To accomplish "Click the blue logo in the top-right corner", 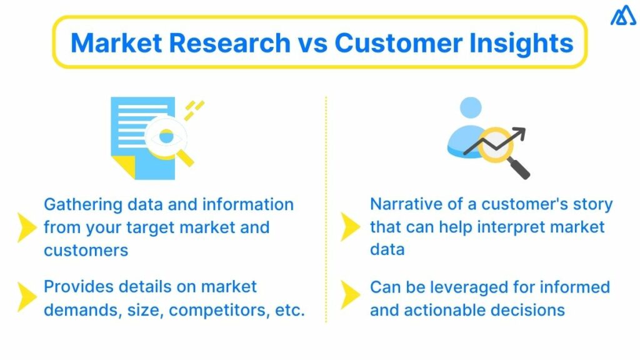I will click(622, 16).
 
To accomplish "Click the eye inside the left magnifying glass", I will click(166, 135).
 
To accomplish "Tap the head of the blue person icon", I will click(471, 107).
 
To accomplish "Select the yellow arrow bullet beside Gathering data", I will click(27, 227).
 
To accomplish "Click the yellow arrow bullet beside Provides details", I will click(27, 297).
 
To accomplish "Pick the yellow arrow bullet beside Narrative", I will click(350, 226).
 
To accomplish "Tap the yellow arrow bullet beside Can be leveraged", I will click(350, 297).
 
